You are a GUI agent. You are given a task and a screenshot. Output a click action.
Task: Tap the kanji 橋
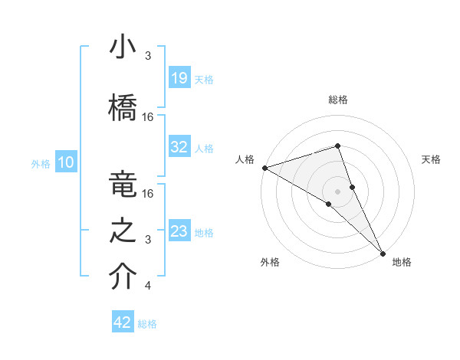[123, 108]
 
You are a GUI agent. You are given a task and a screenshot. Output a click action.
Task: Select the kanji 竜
[123, 185]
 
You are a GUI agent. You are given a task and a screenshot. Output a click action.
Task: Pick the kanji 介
[123, 277]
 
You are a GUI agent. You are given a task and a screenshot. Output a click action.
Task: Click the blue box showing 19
[179, 78]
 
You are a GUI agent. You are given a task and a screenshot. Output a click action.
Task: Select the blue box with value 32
[179, 147]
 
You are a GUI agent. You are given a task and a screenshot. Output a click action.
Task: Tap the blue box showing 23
[179, 231]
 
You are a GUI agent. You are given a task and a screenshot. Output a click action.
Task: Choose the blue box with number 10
[66, 162]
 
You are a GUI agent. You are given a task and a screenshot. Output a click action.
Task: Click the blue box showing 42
[123, 322]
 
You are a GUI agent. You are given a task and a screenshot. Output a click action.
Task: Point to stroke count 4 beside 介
[147, 286]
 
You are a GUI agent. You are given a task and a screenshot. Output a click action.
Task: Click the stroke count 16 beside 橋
[148, 117]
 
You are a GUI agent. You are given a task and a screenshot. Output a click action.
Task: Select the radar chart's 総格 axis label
[338, 100]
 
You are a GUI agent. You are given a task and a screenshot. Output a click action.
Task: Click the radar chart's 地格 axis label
[402, 263]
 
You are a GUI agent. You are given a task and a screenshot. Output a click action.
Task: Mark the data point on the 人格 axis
[264, 167]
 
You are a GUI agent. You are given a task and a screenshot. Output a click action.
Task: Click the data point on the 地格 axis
[383, 252]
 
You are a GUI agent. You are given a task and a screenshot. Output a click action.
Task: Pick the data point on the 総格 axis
[337, 146]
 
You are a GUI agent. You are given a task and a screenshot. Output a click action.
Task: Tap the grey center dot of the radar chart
[337, 191]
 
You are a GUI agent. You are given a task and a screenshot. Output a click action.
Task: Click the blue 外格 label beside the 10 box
[41, 163]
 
